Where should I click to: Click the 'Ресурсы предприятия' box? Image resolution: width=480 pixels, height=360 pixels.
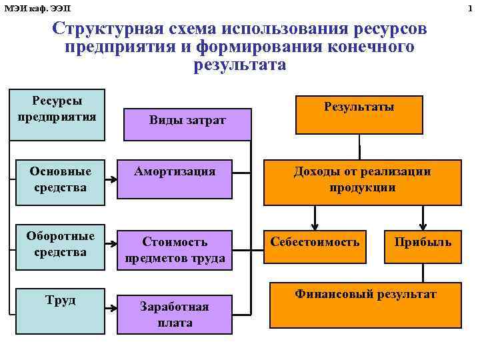point(57,115)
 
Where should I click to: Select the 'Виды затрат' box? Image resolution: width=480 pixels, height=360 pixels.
point(187,120)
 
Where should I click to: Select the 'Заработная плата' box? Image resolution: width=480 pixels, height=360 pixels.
point(174,314)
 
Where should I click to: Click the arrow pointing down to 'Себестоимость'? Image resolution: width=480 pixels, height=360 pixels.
point(314,217)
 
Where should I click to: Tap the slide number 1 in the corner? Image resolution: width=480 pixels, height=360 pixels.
point(475,7)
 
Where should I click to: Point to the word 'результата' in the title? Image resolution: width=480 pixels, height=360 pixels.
point(239,65)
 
